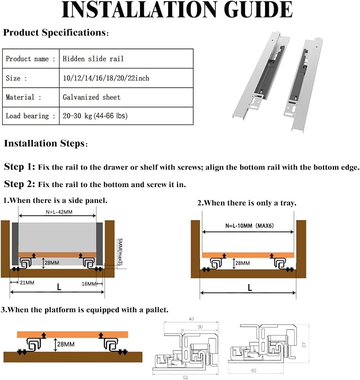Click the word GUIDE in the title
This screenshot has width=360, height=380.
coord(258,10)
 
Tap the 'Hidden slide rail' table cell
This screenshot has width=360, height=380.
coord(93,59)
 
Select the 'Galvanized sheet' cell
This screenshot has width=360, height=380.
coord(91,97)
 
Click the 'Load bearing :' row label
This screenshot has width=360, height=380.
coord(31,116)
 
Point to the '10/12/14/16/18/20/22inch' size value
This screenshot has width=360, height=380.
coord(106,78)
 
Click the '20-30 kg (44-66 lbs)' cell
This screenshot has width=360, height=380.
coord(95,116)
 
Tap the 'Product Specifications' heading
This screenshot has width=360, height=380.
coord(56,32)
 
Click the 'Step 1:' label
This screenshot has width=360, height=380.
coord(20,167)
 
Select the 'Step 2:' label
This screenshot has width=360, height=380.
coord(20,184)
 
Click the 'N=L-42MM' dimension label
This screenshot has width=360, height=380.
coord(59,212)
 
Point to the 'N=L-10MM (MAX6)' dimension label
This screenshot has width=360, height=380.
coord(249,226)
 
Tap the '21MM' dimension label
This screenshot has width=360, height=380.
coord(27,282)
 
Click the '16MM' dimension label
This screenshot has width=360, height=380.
coord(89,284)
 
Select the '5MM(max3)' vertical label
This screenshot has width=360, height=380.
coord(120,252)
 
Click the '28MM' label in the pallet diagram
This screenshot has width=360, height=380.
coord(66,344)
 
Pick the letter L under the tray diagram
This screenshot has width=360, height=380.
coord(250,288)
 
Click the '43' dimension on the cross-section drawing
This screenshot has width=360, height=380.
coord(191,319)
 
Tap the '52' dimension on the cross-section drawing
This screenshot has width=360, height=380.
coord(185,377)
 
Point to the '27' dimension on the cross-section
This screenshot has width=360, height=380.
coord(304,344)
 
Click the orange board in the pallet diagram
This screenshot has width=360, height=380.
coord(73,334)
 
